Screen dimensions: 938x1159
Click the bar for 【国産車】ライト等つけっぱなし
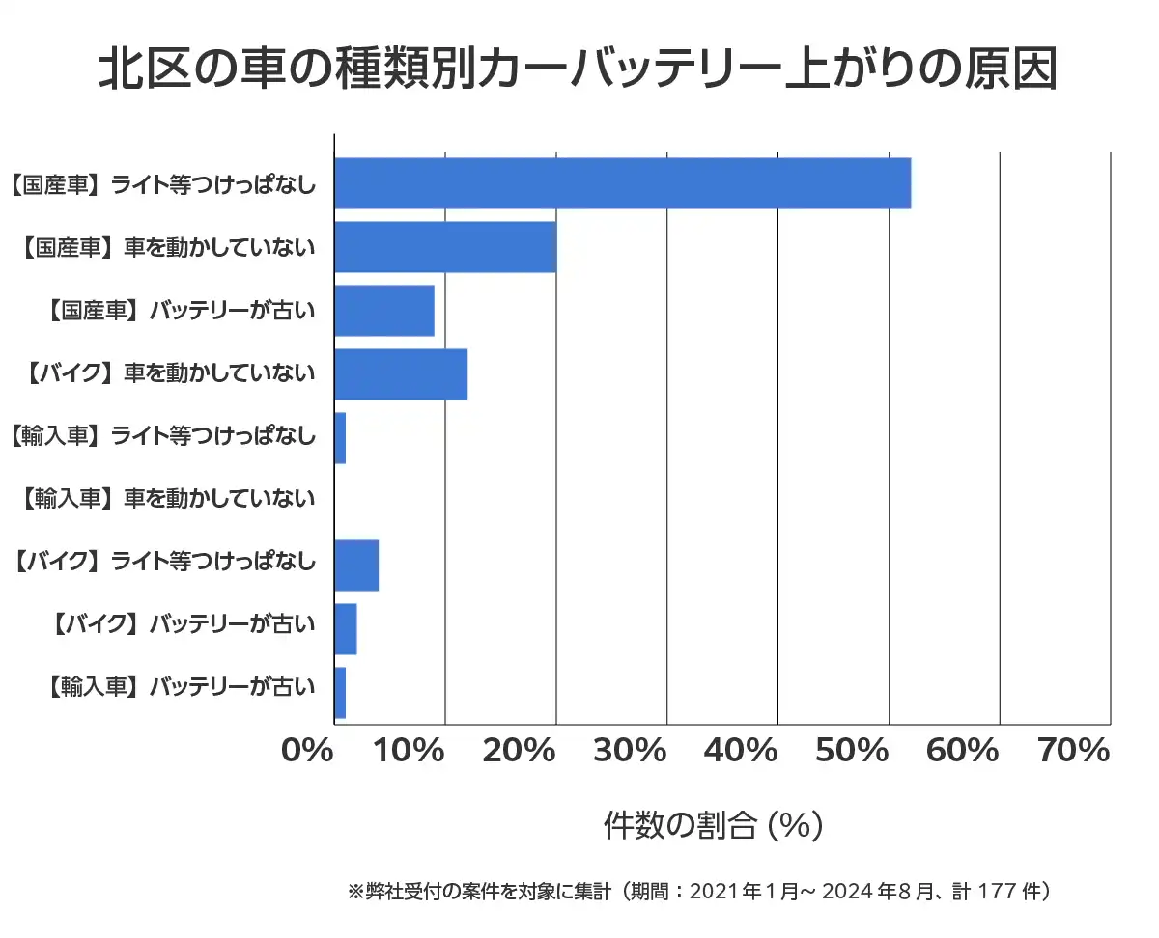coord(622,183)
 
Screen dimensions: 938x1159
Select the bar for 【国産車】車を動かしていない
coord(445,247)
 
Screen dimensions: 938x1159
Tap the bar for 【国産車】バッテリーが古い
coord(384,311)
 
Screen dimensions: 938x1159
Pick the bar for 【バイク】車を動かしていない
coord(401,374)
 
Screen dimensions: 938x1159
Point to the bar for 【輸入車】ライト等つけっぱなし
coord(340,438)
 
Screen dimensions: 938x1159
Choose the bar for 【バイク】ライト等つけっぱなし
coord(356,566)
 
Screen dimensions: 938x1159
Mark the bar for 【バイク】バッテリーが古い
coord(346,629)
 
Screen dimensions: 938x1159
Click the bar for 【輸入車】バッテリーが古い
coord(340,693)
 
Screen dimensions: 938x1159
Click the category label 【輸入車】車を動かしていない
coord(166,499)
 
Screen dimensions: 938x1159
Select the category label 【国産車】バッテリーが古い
coord(181,311)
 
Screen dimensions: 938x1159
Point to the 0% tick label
coord(307,751)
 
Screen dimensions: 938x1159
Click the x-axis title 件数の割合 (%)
coord(713,825)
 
